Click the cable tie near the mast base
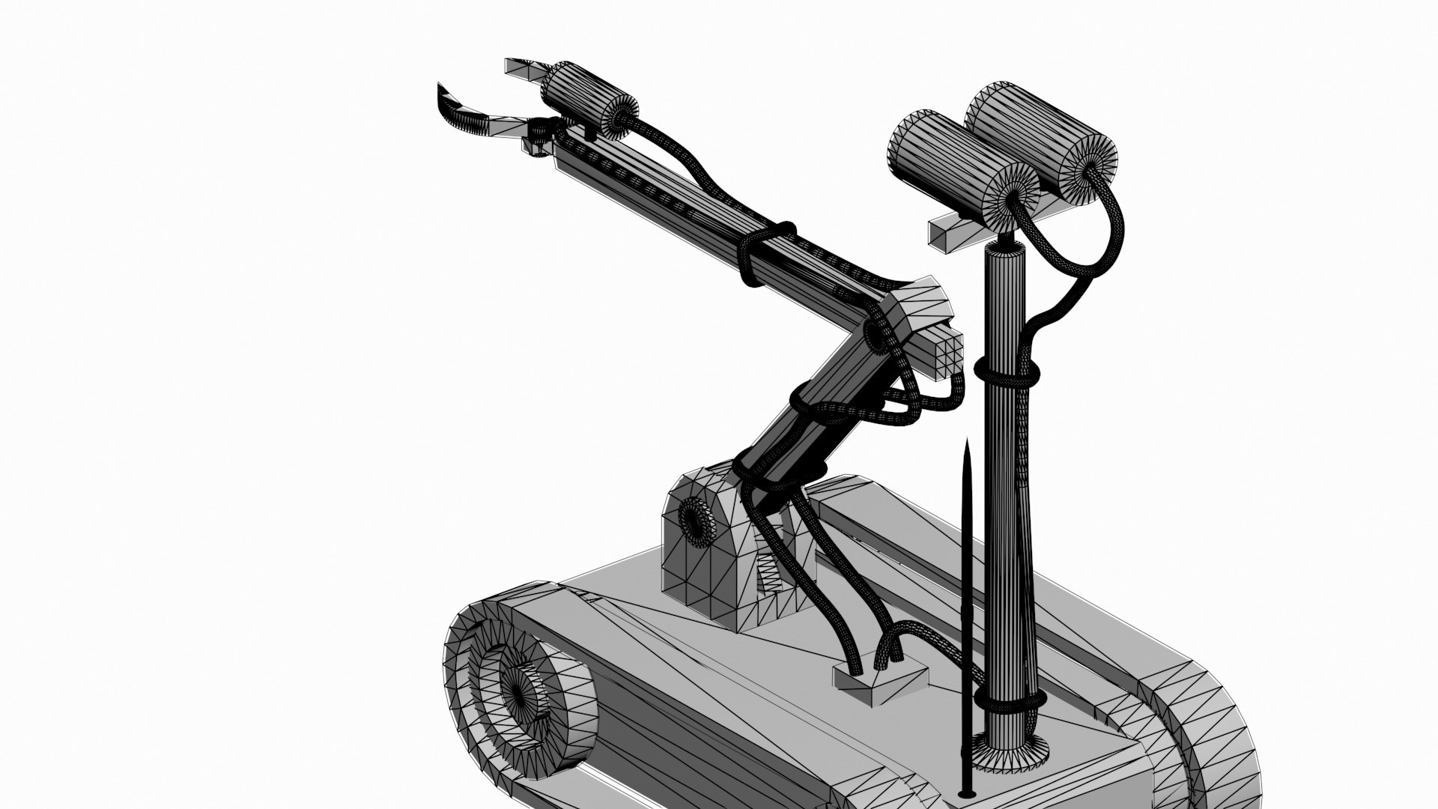[x=1009, y=702]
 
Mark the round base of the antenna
[x=967, y=793]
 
